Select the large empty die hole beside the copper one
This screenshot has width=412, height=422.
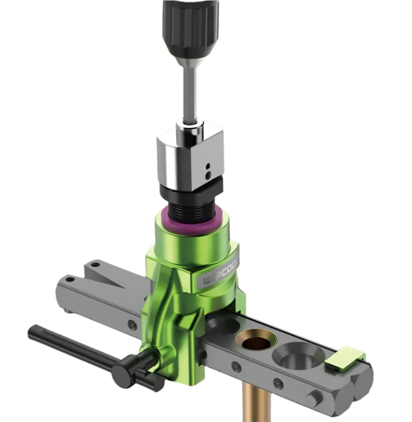pos(298,355)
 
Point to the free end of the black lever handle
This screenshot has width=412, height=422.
pos(34,331)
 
